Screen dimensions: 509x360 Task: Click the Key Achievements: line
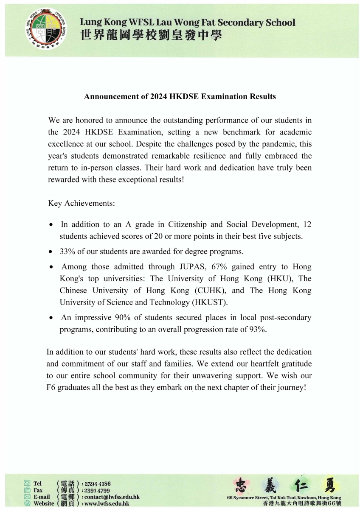coord(82,203)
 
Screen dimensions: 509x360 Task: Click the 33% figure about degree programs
coord(67,252)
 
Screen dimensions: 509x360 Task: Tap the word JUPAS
coord(188,267)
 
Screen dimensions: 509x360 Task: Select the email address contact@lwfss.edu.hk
coord(112,497)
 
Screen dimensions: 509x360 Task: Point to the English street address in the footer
coord(284,498)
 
